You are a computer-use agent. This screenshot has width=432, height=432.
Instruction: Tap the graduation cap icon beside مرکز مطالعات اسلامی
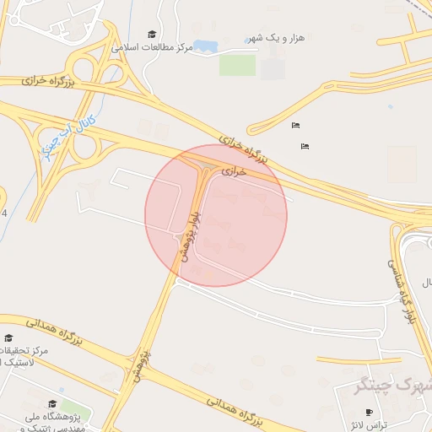pos(152,35)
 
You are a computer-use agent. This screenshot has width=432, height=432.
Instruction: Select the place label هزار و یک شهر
pos(274,39)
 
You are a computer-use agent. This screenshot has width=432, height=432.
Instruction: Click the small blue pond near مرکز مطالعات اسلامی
pos(204,46)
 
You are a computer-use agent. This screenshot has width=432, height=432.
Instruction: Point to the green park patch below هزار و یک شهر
pos(237,65)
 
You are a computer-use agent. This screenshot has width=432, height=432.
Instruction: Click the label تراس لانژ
pos(368,425)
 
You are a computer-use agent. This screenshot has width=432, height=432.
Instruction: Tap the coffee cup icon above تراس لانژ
pos(368,413)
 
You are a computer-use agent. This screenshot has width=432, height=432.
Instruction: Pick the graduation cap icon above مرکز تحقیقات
pos(8,337)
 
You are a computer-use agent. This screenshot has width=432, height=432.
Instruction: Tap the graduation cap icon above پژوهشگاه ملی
pos(53,405)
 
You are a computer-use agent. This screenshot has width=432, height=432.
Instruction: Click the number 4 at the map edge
pos(4,213)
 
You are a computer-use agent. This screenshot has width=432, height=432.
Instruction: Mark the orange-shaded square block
pos(402,165)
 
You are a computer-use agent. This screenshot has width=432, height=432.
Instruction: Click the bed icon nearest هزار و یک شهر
pos(294,126)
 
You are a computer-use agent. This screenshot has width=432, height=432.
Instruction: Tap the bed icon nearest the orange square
pos(305,146)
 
